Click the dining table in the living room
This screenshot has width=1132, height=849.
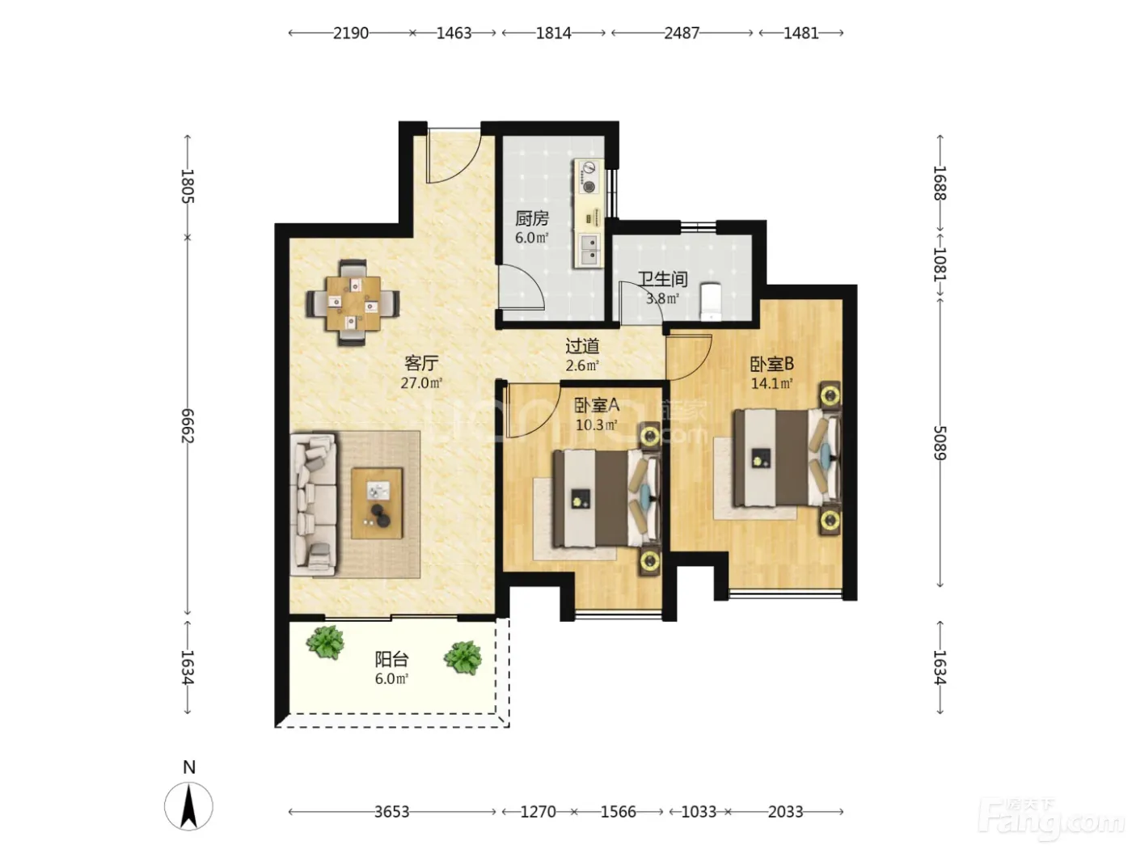(353, 303)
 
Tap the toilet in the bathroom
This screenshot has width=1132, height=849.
(711, 301)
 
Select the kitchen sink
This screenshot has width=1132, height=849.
(589, 250)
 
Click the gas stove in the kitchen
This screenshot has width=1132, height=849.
(589, 177)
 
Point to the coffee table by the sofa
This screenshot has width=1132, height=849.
(377, 503)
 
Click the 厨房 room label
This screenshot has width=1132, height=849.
(532, 218)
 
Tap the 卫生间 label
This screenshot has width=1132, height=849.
(663, 279)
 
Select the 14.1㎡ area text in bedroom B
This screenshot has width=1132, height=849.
(771, 383)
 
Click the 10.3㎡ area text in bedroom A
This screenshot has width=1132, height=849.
(597, 425)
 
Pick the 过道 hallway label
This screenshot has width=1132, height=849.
(582, 346)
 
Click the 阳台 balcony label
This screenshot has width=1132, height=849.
(392, 659)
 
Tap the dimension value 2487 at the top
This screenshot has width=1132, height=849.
(682, 33)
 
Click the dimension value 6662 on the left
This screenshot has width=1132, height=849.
(188, 425)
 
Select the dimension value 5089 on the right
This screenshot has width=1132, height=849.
(940, 443)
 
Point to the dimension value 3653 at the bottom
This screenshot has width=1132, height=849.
(392, 812)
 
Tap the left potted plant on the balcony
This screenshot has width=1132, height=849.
(325, 642)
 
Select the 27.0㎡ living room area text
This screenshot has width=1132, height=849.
(422, 383)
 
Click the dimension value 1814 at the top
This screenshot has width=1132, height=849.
(553, 33)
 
